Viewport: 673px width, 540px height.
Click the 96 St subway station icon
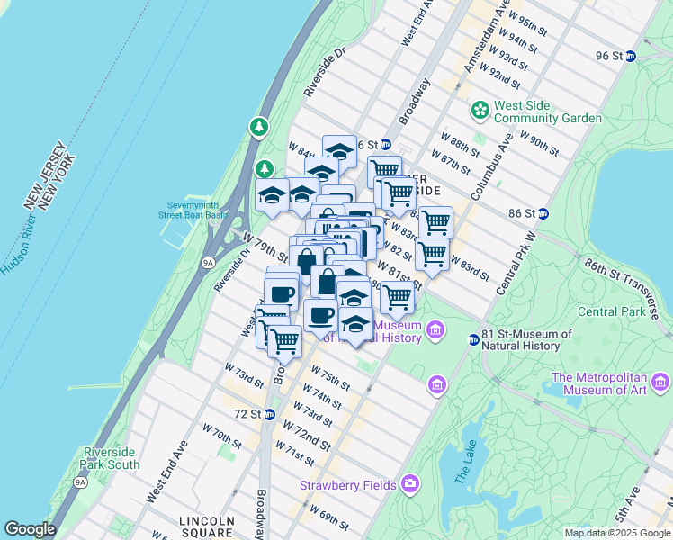tap(630, 56)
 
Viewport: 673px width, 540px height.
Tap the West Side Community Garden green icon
tap(480, 110)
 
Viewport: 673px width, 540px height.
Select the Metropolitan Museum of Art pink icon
tap(662, 382)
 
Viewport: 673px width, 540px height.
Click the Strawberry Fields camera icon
tap(410, 485)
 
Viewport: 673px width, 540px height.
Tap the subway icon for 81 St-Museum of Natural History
tap(473, 339)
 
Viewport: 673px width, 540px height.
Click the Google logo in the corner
tap(30, 529)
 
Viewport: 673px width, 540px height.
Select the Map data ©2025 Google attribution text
tap(617, 533)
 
